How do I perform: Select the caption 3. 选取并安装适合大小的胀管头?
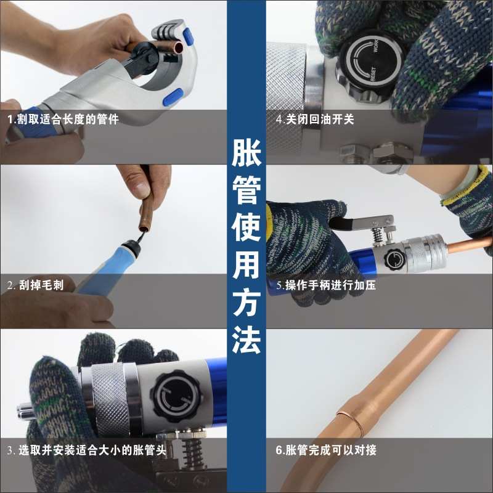[87, 450]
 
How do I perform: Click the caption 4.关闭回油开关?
[315, 120]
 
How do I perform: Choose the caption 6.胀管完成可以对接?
[326, 450]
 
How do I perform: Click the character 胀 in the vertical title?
[246, 155]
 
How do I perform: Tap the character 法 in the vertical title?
[246, 340]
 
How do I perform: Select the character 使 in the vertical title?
[246, 229]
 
